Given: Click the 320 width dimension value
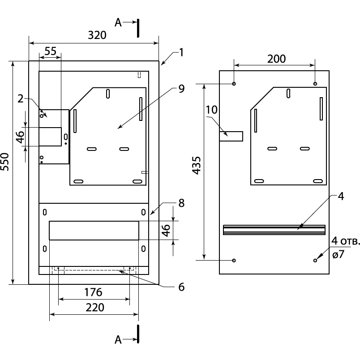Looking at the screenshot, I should click(x=97, y=36).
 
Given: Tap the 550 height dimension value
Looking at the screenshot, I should click(x=6, y=162).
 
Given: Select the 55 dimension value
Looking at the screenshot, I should click(x=50, y=51).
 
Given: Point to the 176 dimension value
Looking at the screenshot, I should click(x=93, y=292).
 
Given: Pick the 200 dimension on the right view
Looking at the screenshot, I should click(x=276, y=59).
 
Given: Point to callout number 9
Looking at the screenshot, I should click(x=181, y=89).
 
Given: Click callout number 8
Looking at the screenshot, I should click(x=181, y=203).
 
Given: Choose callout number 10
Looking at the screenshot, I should click(x=211, y=109).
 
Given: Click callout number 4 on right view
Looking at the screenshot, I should click(x=341, y=196).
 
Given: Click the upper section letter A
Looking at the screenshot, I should click(x=118, y=22).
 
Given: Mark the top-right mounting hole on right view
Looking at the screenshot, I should click(x=315, y=84).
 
